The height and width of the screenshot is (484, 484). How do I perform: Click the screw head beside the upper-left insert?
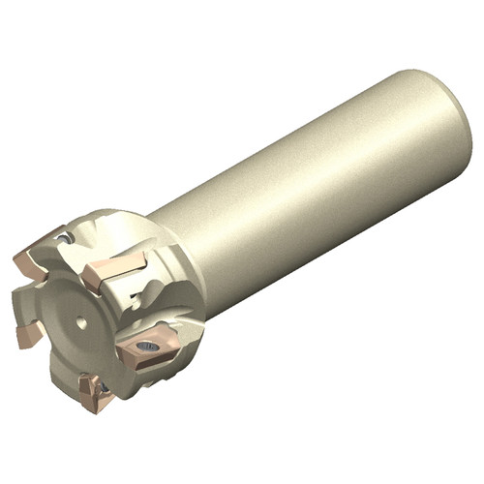[64, 236]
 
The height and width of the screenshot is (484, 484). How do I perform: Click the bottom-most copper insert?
[97, 391]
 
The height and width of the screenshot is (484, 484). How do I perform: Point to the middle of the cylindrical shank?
[310, 194]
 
